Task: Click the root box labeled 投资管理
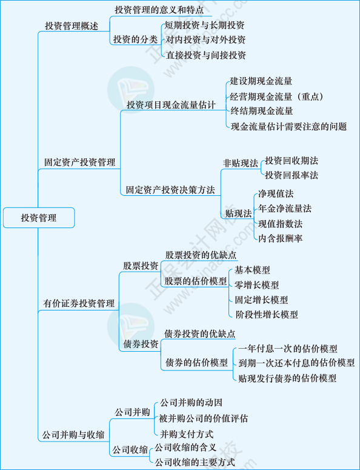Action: [x=39, y=218]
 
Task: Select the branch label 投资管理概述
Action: [x=72, y=26]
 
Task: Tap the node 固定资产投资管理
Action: [x=79, y=163]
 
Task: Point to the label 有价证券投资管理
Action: [x=79, y=304]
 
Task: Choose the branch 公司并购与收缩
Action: [x=73, y=435]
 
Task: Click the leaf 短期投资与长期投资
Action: [x=205, y=25]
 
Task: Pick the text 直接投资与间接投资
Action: [x=205, y=55]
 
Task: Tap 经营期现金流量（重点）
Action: [x=277, y=96]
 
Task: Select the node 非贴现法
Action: [x=240, y=163]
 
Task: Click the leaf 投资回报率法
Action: [x=292, y=175]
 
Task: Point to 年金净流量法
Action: [x=285, y=209]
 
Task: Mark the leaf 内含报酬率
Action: [x=281, y=238]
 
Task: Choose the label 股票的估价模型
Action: [x=196, y=281]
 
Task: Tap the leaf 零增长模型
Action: [x=257, y=285]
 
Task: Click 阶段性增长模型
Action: [x=267, y=314]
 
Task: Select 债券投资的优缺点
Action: [x=200, y=334]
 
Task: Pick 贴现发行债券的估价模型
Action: [x=287, y=378]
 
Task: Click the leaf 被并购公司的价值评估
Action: [x=204, y=418]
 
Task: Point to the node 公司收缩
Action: [x=130, y=449]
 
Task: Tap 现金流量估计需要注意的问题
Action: [x=288, y=127]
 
